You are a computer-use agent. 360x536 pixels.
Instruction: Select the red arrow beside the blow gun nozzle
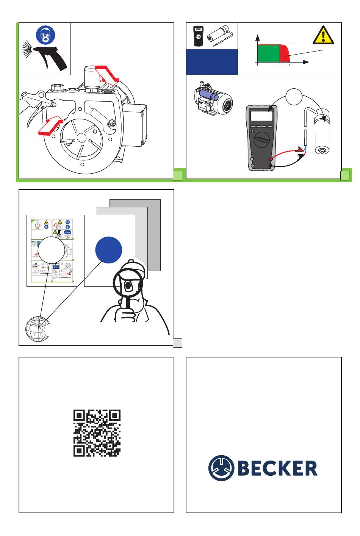click(x=50, y=125)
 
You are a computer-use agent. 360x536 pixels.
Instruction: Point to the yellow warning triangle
click(x=323, y=35)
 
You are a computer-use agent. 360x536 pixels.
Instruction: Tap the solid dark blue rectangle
click(x=211, y=62)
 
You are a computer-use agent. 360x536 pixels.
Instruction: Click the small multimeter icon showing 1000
click(x=198, y=36)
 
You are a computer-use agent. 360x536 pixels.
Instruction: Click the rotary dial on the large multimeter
click(x=261, y=139)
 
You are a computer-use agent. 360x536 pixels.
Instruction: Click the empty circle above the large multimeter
click(x=294, y=97)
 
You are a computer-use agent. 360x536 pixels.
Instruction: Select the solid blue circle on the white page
click(x=108, y=250)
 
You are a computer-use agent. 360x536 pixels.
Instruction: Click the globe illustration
click(x=38, y=329)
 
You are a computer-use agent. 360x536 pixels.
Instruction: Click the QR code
click(x=97, y=433)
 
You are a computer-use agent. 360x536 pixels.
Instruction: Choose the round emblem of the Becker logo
click(x=221, y=468)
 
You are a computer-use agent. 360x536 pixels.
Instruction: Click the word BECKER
click(x=277, y=468)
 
